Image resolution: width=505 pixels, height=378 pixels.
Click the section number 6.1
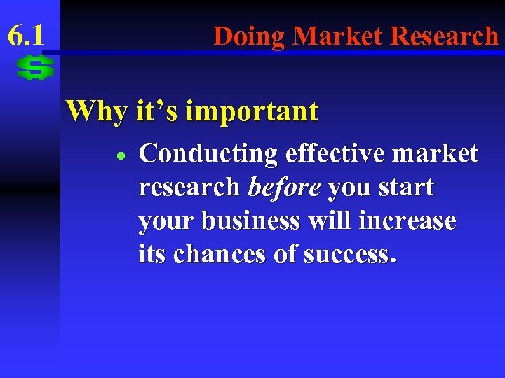tap(26, 35)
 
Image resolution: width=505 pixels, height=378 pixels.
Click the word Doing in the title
tap(249, 35)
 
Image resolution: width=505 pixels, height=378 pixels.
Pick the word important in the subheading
tap(254, 111)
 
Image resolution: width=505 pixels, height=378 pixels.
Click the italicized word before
tap(284, 188)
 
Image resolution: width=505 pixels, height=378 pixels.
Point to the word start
tap(408, 188)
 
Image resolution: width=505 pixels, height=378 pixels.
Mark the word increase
tap(408, 221)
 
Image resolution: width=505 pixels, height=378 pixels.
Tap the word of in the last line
tap(285, 255)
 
